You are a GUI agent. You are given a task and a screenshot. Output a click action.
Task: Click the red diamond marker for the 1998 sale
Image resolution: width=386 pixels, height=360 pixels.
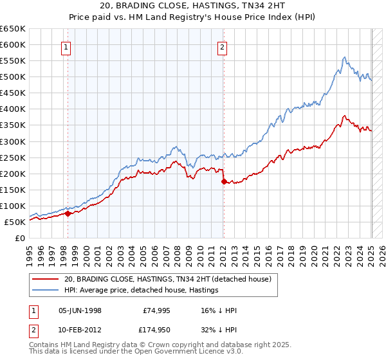68,214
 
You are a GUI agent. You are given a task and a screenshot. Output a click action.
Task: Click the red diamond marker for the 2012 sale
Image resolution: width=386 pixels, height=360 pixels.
224,182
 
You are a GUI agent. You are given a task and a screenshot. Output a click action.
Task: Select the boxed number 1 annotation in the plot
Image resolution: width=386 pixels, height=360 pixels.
67,46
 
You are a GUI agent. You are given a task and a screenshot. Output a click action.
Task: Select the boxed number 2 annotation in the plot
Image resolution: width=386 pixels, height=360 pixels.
222,46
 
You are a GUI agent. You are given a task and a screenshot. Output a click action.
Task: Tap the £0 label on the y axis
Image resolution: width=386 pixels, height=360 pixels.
19,238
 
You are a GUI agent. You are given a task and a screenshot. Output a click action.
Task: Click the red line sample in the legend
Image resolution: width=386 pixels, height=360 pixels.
45,280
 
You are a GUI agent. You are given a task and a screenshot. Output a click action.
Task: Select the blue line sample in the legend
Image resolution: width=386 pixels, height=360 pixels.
45,291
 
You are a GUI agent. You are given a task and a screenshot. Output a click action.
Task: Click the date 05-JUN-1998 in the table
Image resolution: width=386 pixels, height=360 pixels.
80,310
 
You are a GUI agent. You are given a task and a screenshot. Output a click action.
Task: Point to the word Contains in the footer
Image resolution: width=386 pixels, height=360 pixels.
45,346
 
